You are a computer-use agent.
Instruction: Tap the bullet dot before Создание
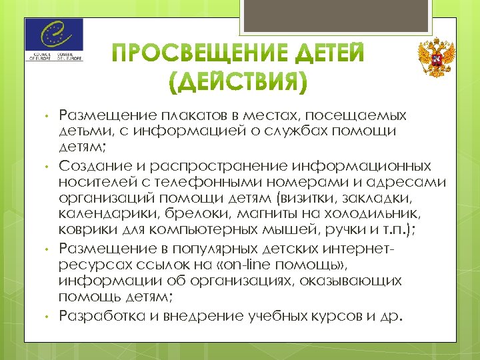tap(47, 165)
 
